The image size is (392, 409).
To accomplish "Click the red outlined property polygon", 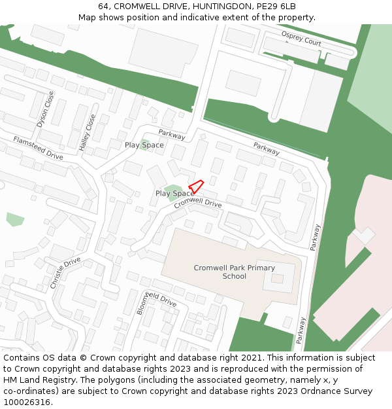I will (x=196, y=186).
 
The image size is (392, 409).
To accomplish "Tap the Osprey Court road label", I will (x=301, y=38).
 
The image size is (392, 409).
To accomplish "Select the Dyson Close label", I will (x=45, y=109).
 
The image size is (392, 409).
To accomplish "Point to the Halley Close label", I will (x=87, y=133).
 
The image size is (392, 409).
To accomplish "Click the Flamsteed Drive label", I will (x=38, y=148).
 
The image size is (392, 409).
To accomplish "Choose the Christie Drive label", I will (x=65, y=273).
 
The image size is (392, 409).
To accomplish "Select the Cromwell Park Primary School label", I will (x=235, y=272).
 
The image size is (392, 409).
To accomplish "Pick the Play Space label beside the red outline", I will (x=174, y=194).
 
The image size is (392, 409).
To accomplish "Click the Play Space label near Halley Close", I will (x=144, y=145).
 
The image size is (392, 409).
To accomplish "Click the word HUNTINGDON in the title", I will (x=220, y=7).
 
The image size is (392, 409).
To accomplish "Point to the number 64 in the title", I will (x=104, y=7).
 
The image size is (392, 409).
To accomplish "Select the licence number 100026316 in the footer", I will (x=27, y=402).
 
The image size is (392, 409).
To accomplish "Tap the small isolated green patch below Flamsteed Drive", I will (x=15, y=219).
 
